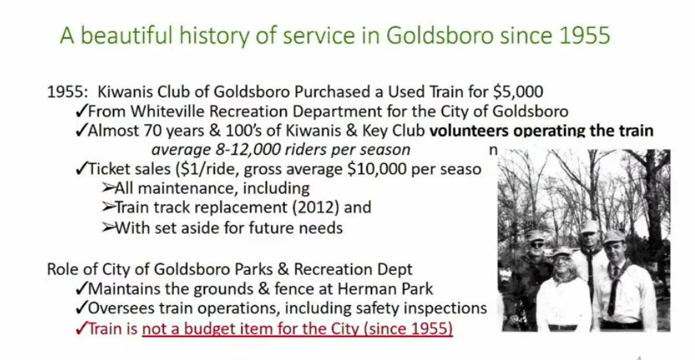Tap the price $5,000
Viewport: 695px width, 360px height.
pos(518,92)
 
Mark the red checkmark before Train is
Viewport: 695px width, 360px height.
pos(81,329)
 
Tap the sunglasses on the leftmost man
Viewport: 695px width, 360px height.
pos(537,245)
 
